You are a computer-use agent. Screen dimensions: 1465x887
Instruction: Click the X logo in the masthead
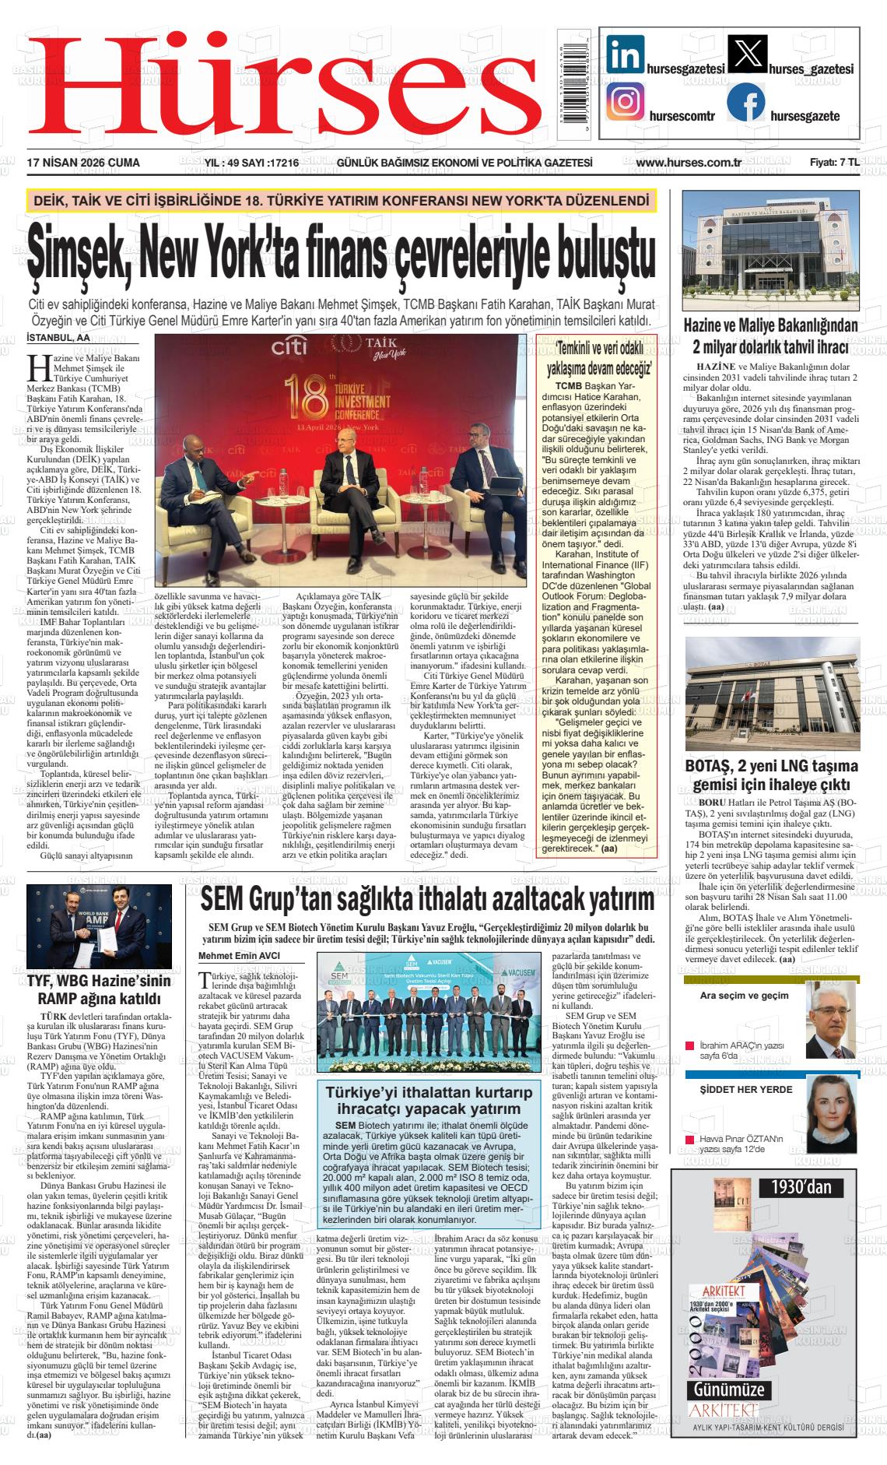[745, 56]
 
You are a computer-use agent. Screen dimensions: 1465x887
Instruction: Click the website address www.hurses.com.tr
[688, 163]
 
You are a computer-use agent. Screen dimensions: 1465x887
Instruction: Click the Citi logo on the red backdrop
[289, 346]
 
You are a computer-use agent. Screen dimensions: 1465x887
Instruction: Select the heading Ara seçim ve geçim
[734, 995]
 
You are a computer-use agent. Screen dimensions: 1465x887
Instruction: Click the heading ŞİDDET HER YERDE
[735, 1089]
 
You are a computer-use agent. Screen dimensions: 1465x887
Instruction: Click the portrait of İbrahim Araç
[832, 1022]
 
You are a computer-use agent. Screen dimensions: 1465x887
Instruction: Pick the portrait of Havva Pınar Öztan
[831, 1114]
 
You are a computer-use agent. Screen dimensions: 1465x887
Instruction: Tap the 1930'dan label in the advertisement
[801, 1186]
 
